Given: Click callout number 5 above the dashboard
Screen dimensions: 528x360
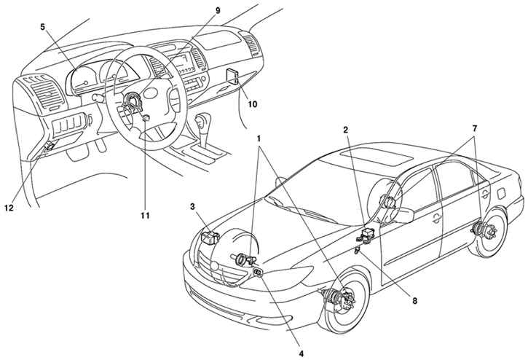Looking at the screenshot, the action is pyautogui.click(x=42, y=27).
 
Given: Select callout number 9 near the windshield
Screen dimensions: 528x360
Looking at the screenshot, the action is pyautogui.click(x=218, y=10).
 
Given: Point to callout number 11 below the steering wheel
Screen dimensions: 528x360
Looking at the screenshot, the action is pyautogui.click(x=145, y=215).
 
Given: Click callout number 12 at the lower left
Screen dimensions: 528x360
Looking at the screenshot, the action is pyautogui.click(x=9, y=208).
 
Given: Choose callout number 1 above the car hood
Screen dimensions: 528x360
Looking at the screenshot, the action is pyautogui.click(x=259, y=138).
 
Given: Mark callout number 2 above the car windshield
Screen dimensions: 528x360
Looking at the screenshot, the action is pyautogui.click(x=346, y=130).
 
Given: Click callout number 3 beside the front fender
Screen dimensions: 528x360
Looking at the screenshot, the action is pyautogui.click(x=192, y=206).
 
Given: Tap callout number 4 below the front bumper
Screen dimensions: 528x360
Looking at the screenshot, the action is pyautogui.click(x=302, y=353).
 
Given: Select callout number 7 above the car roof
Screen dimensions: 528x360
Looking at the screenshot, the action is pyautogui.click(x=474, y=128).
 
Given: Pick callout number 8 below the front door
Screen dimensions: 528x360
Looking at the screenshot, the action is pyautogui.click(x=415, y=301).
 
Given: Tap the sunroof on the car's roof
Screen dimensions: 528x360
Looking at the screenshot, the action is pyautogui.click(x=376, y=158).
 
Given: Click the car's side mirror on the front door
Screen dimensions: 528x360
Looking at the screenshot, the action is pyautogui.click(x=404, y=215).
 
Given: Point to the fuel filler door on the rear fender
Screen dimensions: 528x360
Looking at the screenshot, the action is pyautogui.click(x=501, y=193).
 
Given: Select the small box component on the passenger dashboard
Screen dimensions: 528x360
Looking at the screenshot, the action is pyautogui.click(x=233, y=77).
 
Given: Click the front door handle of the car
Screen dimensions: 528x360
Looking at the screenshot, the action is pyautogui.click(x=437, y=219).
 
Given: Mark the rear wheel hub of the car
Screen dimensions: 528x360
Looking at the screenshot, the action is pyautogui.click(x=485, y=231).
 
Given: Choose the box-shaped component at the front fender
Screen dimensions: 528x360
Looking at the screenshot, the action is pyautogui.click(x=210, y=237).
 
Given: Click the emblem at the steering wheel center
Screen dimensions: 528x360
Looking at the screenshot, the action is pyautogui.click(x=151, y=93).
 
